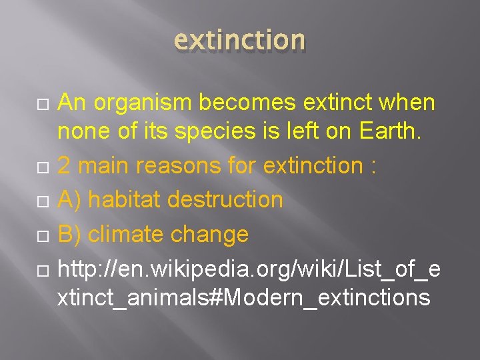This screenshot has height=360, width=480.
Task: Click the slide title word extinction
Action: click(x=239, y=40)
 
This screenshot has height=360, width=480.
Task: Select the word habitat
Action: click(x=126, y=199)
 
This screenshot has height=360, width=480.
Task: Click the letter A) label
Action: click(x=69, y=199)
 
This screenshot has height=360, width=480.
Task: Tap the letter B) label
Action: click(x=69, y=234)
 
